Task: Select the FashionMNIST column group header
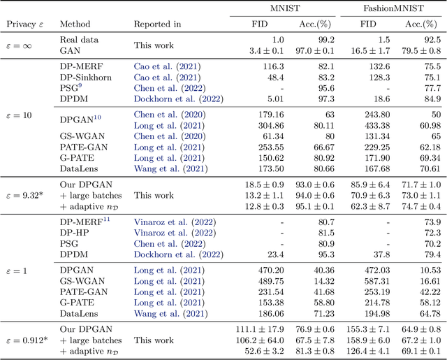coord(391,8)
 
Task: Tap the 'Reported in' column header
coord(157,24)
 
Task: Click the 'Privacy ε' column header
coord(25,24)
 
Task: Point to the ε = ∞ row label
coord(25,45)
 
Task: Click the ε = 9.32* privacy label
coord(25,197)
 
